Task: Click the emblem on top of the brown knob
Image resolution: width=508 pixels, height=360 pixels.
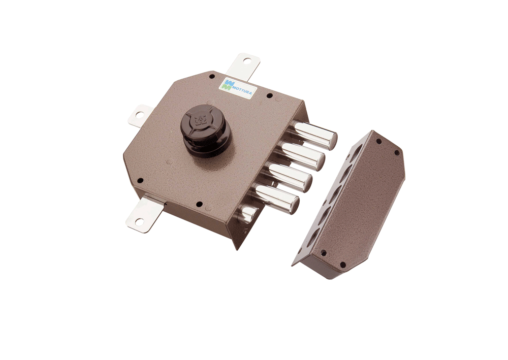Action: coord(198,119)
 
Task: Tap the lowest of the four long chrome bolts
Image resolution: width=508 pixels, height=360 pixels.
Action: coord(277,197)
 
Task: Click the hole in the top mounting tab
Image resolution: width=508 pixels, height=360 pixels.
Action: coord(247,60)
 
